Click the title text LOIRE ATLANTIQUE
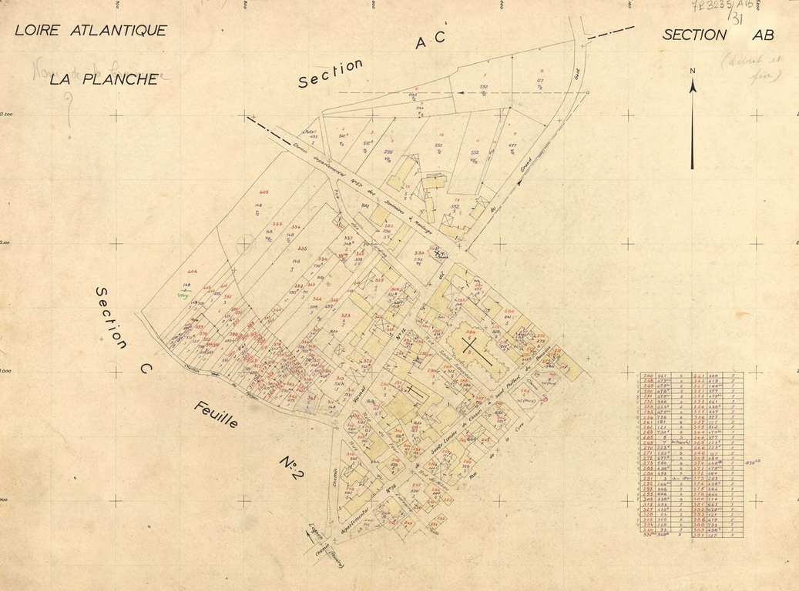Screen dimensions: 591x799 click(91, 31)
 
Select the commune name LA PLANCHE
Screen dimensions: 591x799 click(105, 78)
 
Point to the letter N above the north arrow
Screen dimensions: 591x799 click(693, 72)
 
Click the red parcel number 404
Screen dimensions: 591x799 click(193, 272)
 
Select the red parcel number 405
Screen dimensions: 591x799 click(264, 192)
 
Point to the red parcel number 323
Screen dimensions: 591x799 click(345, 316)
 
